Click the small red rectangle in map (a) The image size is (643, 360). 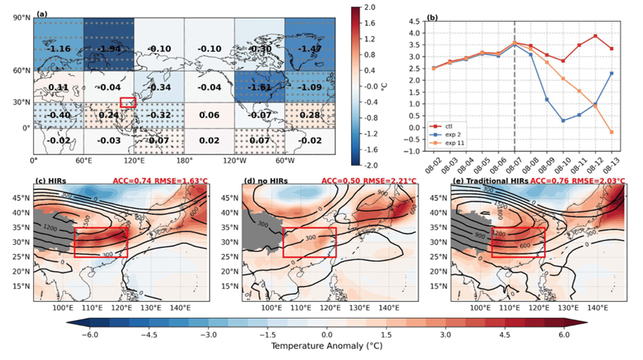click(128, 102)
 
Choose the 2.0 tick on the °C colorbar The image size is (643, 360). click(373, 8)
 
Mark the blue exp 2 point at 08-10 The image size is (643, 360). click(564, 121)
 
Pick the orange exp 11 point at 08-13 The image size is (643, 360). click(612, 132)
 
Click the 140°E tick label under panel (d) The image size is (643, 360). click(390, 307)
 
